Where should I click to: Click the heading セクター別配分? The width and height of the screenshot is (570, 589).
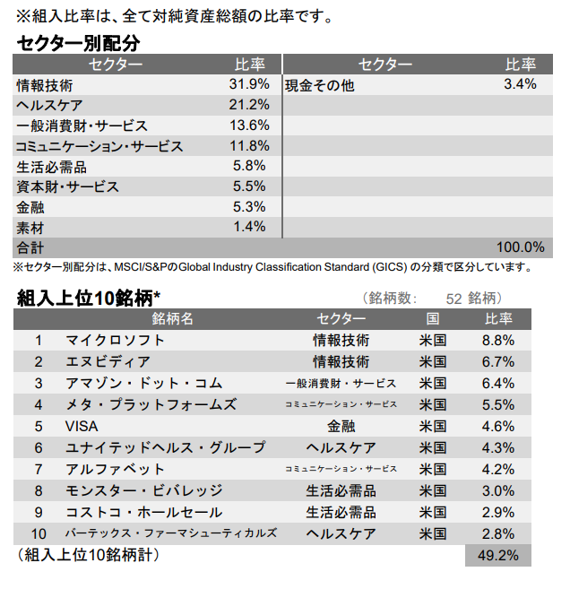[x=79, y=43]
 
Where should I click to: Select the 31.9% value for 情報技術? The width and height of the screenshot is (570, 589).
[x=249, y=84]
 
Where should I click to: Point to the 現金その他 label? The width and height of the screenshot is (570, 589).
[x=319, y=85]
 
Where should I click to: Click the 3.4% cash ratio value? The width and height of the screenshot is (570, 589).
[x=520, y=84]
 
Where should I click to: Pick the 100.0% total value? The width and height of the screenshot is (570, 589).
[x=520, y=247]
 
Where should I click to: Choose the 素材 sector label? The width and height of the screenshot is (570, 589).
[x=30, y=227]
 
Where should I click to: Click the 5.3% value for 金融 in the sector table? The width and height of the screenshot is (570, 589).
[x=249, y=207]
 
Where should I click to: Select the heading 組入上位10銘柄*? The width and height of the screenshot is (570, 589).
[x=89, y=298]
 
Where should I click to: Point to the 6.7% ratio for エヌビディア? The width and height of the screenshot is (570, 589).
[x=497, y=362]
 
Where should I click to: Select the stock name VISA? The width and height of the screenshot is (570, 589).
[x=82, y=426]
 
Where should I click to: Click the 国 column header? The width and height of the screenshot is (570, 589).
[x=433, y=319]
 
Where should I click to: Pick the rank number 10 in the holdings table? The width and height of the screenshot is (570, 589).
[x=39, y=533]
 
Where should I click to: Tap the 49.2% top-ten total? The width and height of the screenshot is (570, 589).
[x=498, y=556]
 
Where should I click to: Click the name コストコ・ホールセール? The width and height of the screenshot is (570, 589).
[x=143, y=512]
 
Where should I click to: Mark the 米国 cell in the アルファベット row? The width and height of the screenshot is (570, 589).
[x=433, y=469]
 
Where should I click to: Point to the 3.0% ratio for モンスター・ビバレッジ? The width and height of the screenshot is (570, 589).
[x=497, y=490]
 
